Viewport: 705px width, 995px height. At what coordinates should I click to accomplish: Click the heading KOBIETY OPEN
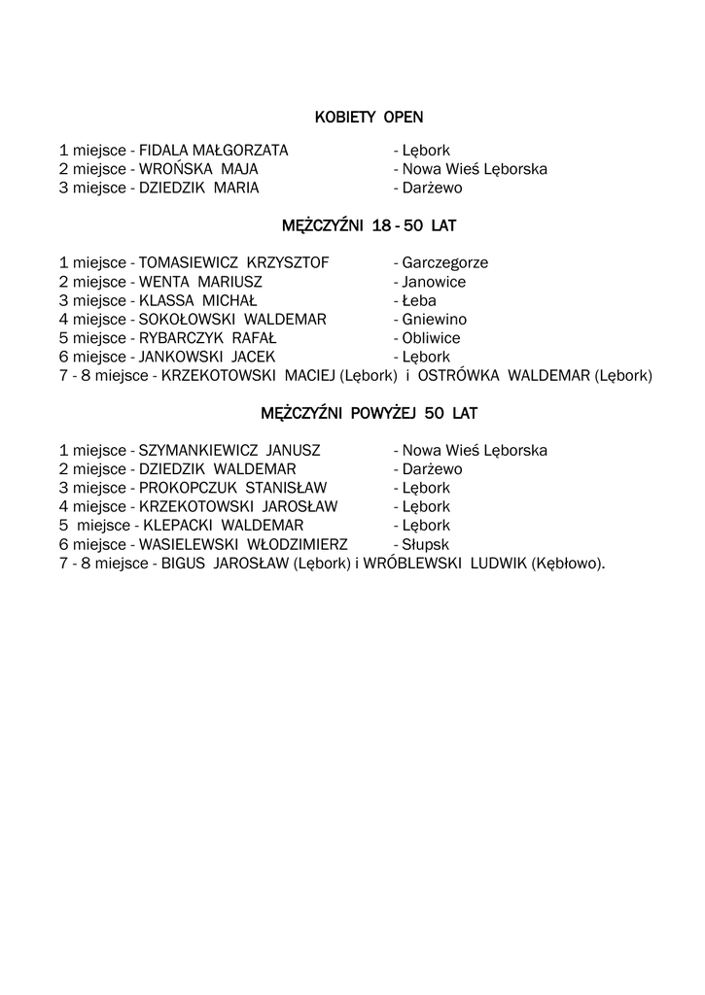pos(369,118)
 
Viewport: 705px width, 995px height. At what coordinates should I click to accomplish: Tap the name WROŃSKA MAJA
pos(198,169)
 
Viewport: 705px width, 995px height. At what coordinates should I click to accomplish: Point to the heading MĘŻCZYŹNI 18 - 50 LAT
pos(369,225)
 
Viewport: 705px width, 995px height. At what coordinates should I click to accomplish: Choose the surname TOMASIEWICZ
pos(189,263)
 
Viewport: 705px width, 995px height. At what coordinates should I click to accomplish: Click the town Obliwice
pos(431,338)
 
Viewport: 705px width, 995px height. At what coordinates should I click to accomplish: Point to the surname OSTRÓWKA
pos(462,375)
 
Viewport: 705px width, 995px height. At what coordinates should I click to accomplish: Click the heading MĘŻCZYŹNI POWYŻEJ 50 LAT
pos(369,413)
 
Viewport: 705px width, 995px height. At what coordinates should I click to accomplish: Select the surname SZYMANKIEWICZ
pos(199,451)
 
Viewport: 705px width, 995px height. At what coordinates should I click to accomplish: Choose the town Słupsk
pos(425,544)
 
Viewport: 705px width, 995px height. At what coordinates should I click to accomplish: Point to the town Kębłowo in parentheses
pos(566,564)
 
